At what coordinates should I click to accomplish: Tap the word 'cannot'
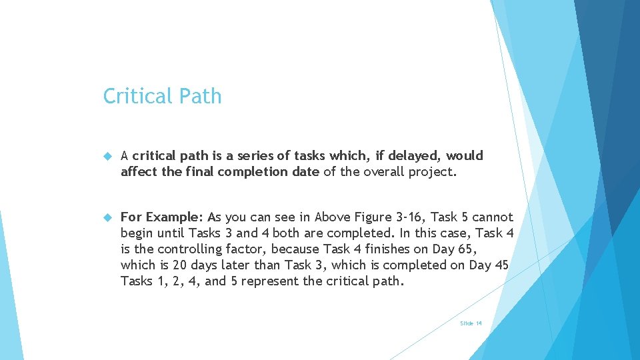(493, 217)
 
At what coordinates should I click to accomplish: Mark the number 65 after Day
(469, 249)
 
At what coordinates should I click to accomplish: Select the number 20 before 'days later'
(180, 265)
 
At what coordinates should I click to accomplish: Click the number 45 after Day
(502, 265)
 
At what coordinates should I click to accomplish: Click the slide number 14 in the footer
(479, 323)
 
